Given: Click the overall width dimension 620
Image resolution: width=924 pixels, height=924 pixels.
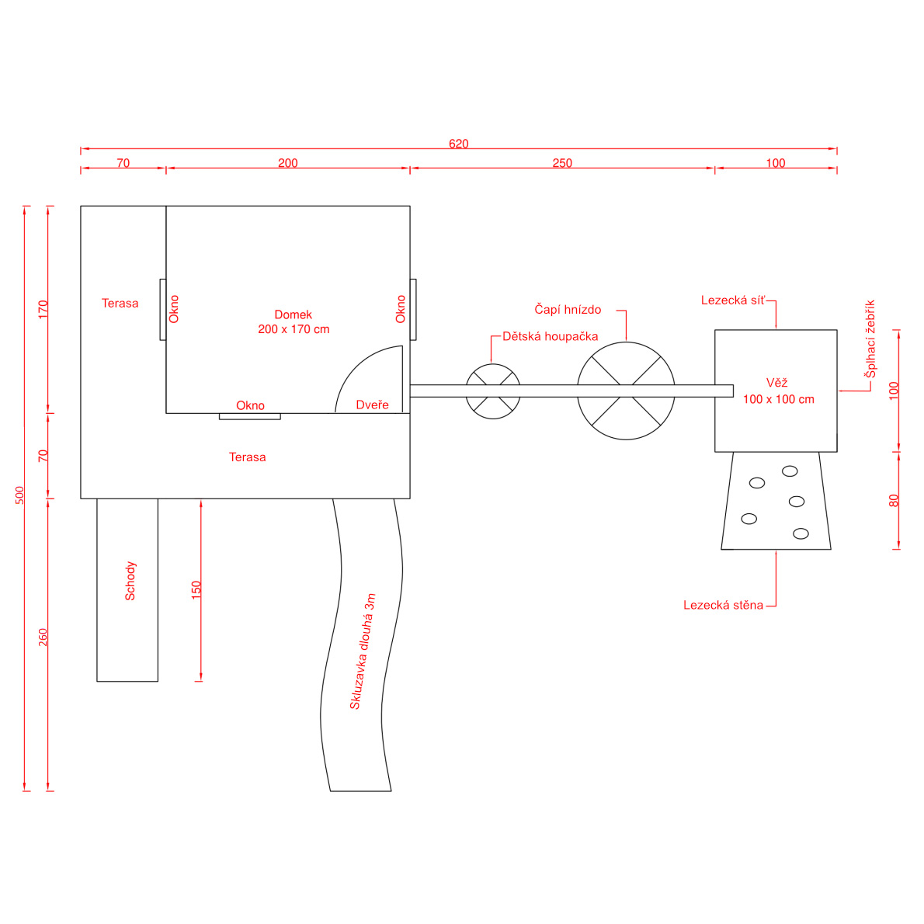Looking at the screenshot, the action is click(x=458, y=144).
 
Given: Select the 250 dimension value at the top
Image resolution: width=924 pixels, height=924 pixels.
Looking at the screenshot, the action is click(x=562, y=163).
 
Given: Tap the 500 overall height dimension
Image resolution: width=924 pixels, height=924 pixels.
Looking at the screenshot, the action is click(x=20, y=495).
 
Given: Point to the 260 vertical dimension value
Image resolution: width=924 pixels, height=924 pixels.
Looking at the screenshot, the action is click(x=43, y=637).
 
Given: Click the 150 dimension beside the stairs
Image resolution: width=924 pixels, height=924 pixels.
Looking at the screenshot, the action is click(x=196, y=590).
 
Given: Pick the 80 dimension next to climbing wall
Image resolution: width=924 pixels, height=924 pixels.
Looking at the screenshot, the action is click(x=894, y=501).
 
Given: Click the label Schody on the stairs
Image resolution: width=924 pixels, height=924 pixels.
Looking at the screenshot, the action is click(x=130, y=581).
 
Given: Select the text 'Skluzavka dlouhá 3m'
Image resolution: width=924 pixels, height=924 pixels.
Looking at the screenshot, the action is click(x=363, y=651).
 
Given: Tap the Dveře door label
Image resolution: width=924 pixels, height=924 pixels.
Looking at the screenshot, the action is click(x=373, y=405).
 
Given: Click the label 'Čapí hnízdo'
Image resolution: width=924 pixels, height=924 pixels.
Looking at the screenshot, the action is click(x=568, y=309).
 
